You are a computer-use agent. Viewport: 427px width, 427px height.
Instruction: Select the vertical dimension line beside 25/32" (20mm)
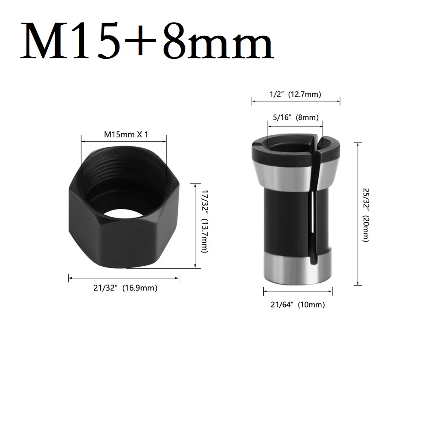[357, 213]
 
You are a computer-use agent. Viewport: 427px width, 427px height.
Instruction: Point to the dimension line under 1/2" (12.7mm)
[296, 101]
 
